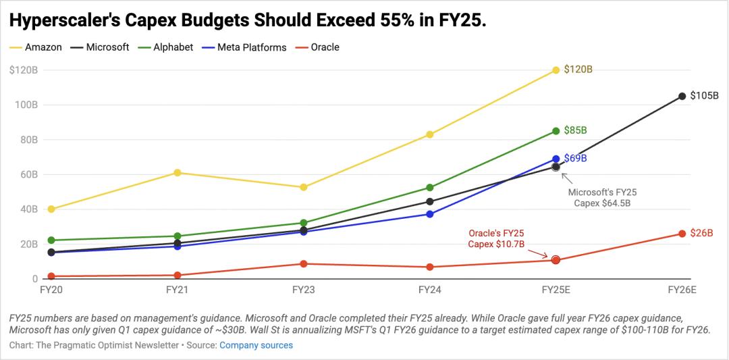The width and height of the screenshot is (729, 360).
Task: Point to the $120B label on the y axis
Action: [x=24, y=70]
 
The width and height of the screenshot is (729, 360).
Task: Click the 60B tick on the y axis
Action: [x=27, y=174]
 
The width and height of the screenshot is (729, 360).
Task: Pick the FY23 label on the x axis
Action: [x=303, y=290]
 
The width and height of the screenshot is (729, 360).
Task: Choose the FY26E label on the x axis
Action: [x=681, y=290]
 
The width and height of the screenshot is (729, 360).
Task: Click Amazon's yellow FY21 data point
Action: [x=178, y=173]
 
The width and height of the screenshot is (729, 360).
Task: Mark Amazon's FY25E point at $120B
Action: [x=556, y=70]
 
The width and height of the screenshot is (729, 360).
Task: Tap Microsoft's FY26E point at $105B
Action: [x=682, y=96]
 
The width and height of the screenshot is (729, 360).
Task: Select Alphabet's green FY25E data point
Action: [x=556, y=131]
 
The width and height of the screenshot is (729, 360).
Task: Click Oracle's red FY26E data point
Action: [x=682, y=234]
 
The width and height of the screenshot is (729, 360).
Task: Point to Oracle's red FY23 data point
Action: [x=304, y=263]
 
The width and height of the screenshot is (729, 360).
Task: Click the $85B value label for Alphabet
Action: [x=575, y=130]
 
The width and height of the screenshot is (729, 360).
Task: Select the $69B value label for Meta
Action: [x=575, y=158]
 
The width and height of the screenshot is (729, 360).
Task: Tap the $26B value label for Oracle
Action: [x=701, y=233]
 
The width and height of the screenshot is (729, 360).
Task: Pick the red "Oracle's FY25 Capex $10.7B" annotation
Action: [x=496, y=238]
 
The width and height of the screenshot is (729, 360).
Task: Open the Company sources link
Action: [x=256, y=345]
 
